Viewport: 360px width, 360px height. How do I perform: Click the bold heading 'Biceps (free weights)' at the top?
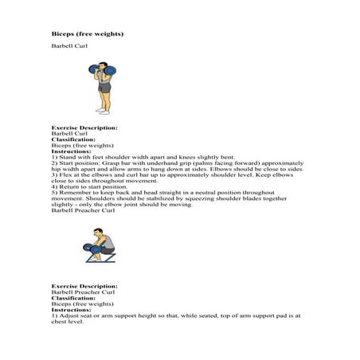tap(87, 34)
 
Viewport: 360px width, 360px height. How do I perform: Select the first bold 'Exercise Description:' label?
tap(84, 127)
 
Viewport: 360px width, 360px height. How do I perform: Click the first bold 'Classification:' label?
tap(73, 140)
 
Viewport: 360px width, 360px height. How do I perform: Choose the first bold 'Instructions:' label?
tap(72, 153)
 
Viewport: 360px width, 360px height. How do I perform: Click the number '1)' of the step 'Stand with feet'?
tap(54, 158)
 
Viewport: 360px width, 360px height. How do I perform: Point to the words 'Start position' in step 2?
tap(79, 165)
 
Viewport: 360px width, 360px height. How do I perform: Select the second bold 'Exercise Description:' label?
tap(84, 285)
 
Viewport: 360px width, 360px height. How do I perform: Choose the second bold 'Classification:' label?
tap(73, 297)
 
